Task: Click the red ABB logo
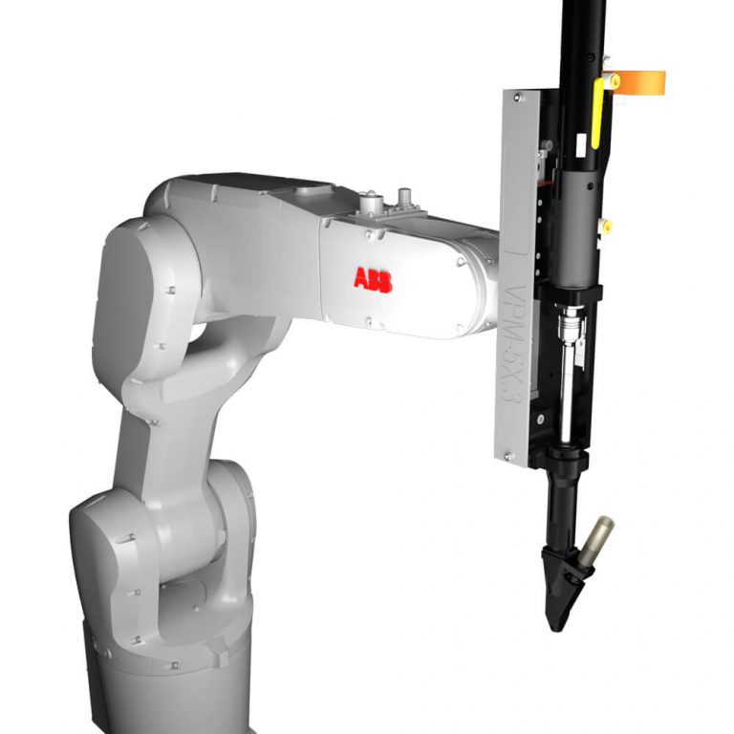372,279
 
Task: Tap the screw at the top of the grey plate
517,97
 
